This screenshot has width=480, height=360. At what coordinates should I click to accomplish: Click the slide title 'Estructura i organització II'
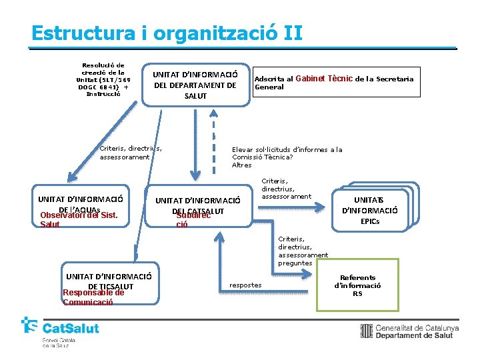click(x=167, y=33)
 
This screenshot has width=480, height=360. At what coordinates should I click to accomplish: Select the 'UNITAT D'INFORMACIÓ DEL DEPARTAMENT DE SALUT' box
click(x=195, y=85)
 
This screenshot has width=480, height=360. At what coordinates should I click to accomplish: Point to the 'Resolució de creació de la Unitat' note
click(x=103, y=79)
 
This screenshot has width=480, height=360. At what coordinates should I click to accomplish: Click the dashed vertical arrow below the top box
click(x=213, y=140)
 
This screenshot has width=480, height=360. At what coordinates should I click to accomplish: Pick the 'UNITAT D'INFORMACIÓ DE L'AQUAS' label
click(x=81, y=203)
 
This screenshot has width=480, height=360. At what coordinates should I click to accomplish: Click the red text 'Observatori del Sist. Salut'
click(x=75, y=220)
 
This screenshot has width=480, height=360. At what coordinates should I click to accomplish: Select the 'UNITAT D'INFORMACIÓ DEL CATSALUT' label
click(x=197, y=205)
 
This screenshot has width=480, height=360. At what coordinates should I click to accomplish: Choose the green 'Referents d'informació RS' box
click(x=357, y=285)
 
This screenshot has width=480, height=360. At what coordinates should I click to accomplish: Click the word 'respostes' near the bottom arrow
click(x=245, y=285)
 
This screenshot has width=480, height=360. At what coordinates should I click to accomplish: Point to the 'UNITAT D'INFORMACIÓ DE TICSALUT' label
click(x=109, y=281)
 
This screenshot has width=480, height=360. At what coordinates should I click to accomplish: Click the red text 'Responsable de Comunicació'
click(x=93, y=297)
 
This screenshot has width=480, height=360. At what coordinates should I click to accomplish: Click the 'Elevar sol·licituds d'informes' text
click(x=287, y=157)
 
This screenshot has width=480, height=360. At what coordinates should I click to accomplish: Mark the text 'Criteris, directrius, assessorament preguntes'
click(x=303, y=251)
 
